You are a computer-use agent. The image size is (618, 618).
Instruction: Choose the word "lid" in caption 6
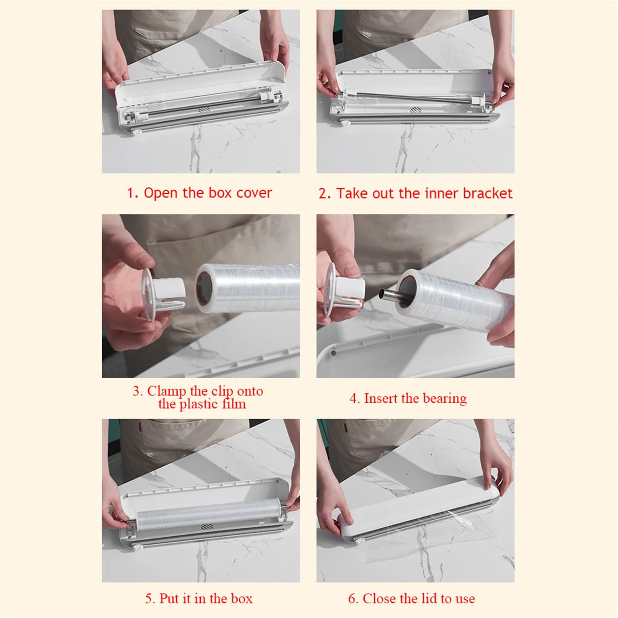[429, 599]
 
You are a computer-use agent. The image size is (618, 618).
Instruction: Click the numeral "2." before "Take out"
[324, 194]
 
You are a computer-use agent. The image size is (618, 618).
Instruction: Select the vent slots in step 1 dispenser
[204, 110]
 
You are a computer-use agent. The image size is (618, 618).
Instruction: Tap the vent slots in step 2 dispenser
[415, 110]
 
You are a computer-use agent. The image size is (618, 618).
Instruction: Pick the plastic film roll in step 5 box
[209, 512]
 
